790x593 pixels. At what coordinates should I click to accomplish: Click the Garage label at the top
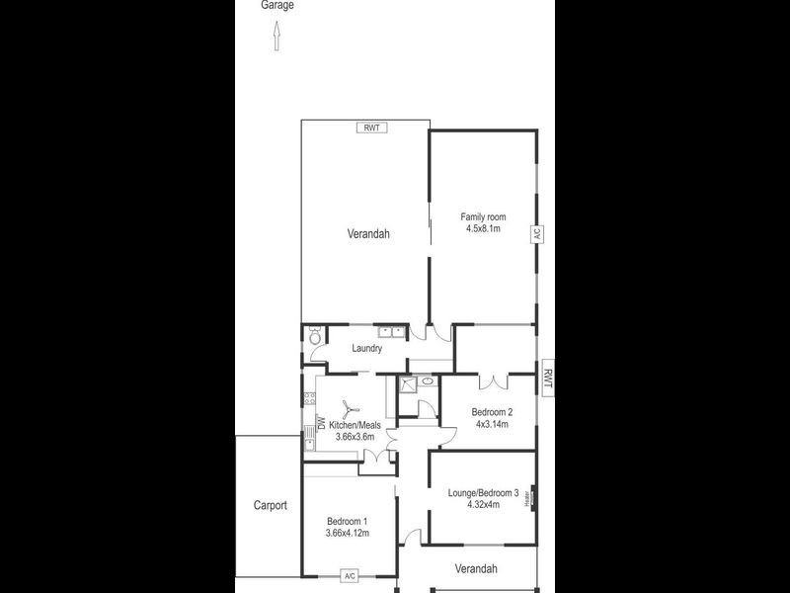(276, 5)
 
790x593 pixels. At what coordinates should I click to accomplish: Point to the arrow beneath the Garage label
(276, 39)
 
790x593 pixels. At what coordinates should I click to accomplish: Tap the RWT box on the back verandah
(372, 127)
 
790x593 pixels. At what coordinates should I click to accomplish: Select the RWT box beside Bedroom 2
(548, 377)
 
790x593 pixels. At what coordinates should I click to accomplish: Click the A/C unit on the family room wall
(537, 234)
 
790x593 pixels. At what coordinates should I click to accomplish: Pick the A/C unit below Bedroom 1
(349, 575)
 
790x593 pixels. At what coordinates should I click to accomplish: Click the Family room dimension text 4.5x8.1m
(484, 228)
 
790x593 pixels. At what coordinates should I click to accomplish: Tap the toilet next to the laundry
(314, 337)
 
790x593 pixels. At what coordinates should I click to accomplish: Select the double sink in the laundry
(391, 331)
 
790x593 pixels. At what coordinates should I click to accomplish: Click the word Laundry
(366, 348)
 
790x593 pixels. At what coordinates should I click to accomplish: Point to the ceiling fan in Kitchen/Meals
(348, 409)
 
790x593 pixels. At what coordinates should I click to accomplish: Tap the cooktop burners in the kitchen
(308, 399)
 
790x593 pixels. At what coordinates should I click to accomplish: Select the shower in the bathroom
(407, 385)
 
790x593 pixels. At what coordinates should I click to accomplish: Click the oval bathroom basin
(427, 380)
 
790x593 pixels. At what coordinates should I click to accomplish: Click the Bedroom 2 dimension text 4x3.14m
(491, 424)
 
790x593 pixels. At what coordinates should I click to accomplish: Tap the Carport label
(269, 505)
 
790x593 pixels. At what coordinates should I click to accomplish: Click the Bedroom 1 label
(347, 522)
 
